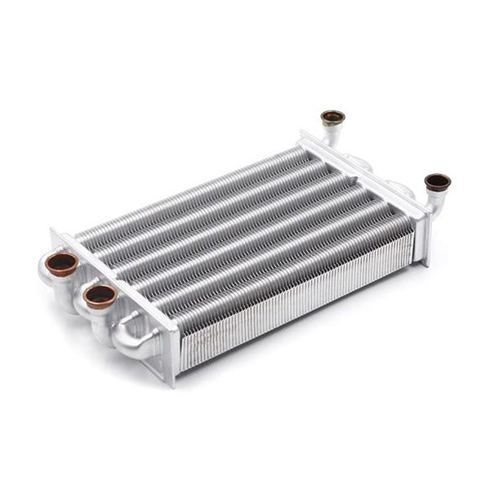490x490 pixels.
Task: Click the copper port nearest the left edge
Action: pos(61,264)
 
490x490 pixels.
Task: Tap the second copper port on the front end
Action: pos(100,295)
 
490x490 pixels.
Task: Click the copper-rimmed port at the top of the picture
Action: pos(332,117)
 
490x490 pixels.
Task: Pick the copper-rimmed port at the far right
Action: pos(437,182)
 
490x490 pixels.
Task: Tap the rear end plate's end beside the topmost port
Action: pos(305,135)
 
